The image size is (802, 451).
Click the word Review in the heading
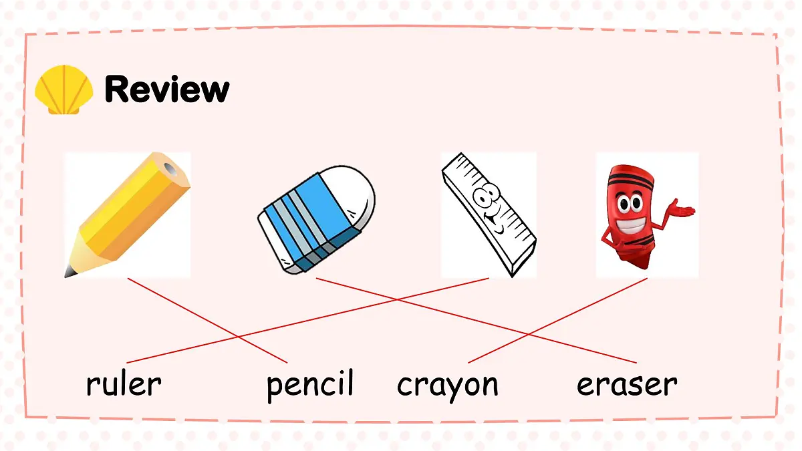tap(167, 89)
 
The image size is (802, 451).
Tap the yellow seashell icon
tap(63, 90)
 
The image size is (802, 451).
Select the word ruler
tap(124, 384)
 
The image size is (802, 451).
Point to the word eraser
tap(627, 385)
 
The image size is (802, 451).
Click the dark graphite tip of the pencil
tap(70, 272)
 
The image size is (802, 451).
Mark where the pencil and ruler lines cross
tap(238, 337)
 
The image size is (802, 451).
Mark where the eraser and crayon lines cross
tap(528, 334)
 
